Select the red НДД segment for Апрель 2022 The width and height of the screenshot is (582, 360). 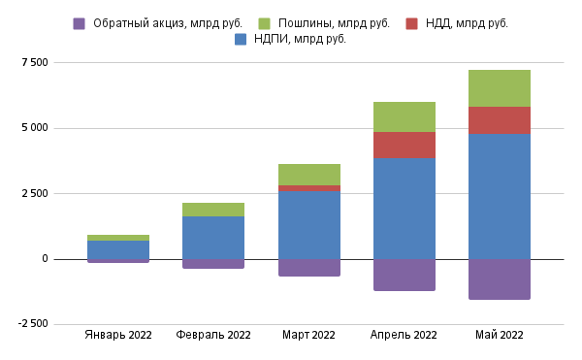pyautogui.click(x=404, y=145)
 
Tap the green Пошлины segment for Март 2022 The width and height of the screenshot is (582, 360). pyautogui.click(x=308, y=175)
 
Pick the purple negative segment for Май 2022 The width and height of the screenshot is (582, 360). pyautogui.click(x=499, y=279)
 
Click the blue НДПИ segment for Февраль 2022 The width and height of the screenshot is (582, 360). pyautogui.click(x=213, y=238)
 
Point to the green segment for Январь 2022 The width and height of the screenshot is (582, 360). pyautogui.click(x=118, y=238)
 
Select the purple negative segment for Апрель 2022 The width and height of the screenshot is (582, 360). pyautogui.click(x=404, y=275)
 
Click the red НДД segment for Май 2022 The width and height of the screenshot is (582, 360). pyautogui.click(x=499, y=119)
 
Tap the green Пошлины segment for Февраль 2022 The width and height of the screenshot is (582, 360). pyautogui.click(x=213, y=210)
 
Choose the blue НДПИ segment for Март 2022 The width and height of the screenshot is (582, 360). pyautogui.click(x=308, y=225)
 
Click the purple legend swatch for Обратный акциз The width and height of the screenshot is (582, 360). pyautogui.click(x=80, y=23)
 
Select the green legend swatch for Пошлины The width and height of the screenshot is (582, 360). pyautogui.click(x=265, y=23)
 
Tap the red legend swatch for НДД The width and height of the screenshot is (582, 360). pyautogui.click(x=412, y=23)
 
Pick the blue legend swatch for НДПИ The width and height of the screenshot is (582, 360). pyautogui.click(x=241, y=40)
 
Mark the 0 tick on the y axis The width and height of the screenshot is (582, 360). pyautogui.click(x=44, y=259)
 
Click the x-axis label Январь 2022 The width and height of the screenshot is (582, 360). pyautogui.click(x=118, y=335)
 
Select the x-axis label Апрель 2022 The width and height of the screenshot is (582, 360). pyautogui.click(x=404, y=335)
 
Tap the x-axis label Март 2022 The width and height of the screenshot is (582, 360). pyautogui.click(x=308, y=335)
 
